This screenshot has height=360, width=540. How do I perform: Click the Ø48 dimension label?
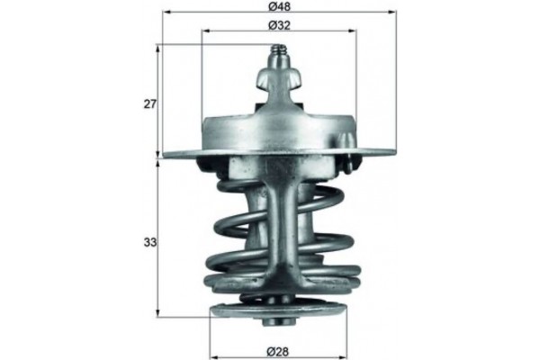[x=278, y=7]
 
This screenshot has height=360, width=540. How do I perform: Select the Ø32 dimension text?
[x=278, y=25]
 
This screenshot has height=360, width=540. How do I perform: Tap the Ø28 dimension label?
[x=278, y=348]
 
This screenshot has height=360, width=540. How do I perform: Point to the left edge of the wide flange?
[x=163, y=155]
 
